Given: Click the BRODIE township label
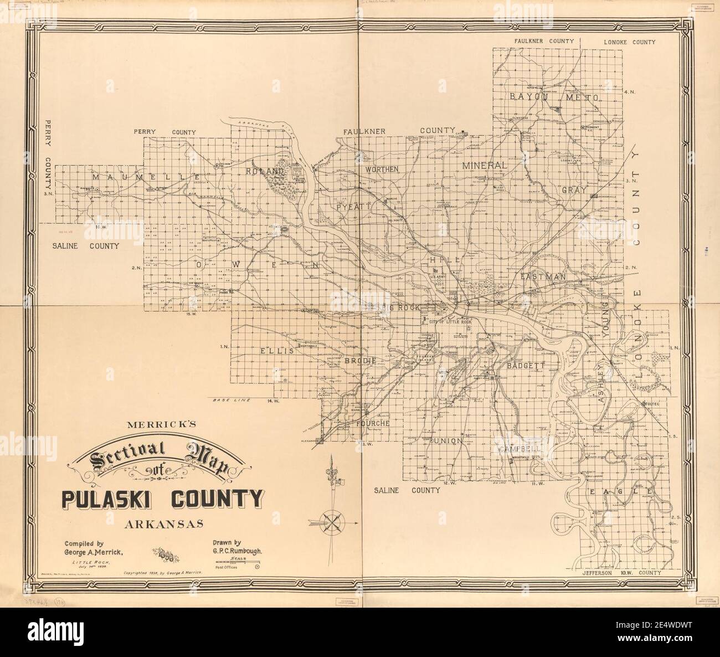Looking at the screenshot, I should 361,360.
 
